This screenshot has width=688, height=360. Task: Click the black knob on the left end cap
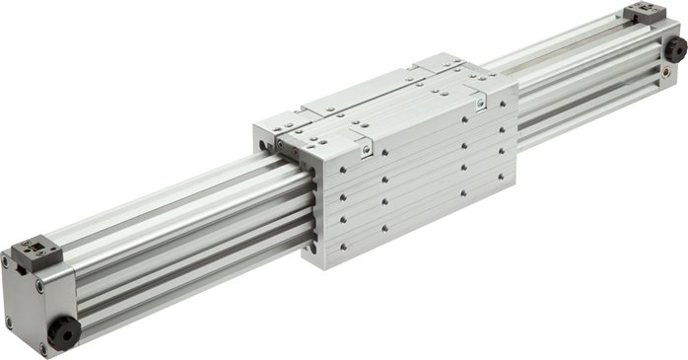click(x=63, y=332)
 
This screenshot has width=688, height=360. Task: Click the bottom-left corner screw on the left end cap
click(x=9, y=323)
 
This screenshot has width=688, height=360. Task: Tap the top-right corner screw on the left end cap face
click(x=39, y=286)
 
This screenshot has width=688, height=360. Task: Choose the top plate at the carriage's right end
click(x=463, y=71)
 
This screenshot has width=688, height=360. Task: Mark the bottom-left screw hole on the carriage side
click(x=342, y=247)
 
